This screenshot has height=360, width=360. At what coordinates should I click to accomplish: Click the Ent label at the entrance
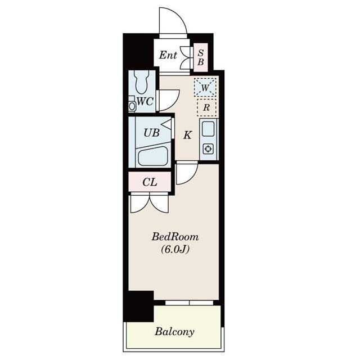pos(168,55)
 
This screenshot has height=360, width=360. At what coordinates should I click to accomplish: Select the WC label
pos(145,102)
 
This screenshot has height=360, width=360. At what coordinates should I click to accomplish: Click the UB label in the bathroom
pos(151,133)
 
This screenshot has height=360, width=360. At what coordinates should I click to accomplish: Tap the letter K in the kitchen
pos(188,135)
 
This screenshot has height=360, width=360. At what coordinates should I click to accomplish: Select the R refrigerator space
pos(206,107)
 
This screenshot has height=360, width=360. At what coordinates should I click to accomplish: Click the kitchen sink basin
pos(208,130)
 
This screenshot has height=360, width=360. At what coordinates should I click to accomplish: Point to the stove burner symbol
pos(208,150)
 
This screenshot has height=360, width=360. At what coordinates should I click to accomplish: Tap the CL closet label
pos(149,182)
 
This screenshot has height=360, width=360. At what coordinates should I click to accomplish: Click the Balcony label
pos(175,331)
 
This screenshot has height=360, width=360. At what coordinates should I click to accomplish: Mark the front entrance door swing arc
pos(173,21)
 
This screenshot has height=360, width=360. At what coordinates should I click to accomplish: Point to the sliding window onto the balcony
pos(189,303)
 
